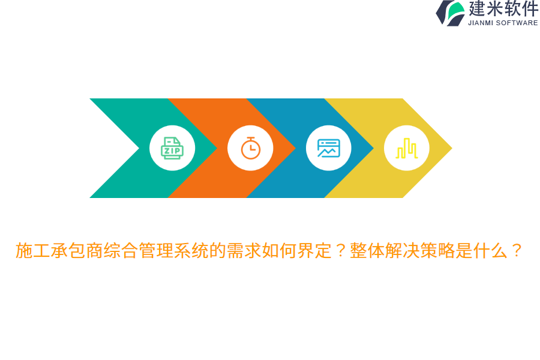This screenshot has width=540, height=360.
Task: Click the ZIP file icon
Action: (172, 148)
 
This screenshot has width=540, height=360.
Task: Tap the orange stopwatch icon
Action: (250, 148)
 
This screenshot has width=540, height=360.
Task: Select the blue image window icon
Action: (328, 148)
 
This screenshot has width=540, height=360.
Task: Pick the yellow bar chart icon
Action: (407, 148)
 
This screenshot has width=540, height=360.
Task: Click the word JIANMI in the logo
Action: (481, 23)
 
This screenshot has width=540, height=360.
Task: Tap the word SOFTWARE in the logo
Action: (517, 23)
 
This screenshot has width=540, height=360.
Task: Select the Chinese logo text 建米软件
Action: (503, 9)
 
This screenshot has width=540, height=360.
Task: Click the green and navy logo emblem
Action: (451, 13)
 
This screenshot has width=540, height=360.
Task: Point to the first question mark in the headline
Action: (341, 251)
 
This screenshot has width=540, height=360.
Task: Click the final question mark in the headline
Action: (517, 251)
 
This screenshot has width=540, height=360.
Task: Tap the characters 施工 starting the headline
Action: (33, 251)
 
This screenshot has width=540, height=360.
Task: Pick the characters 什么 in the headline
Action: (491, 251)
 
